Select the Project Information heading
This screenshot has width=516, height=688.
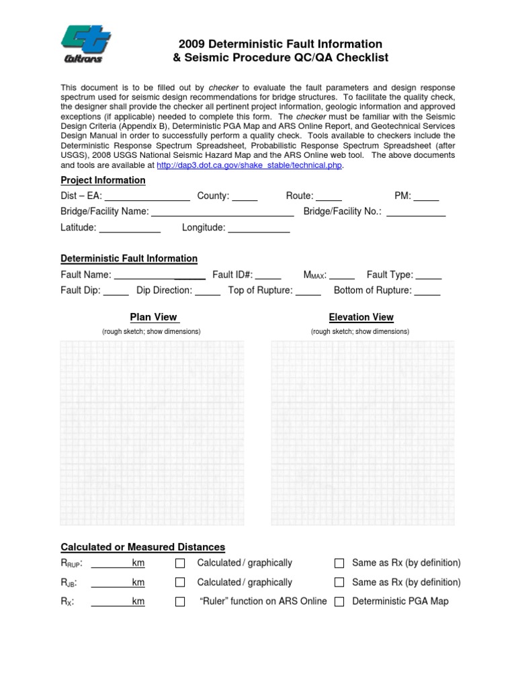[103, 180]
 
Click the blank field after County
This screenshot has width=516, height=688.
[245, 197]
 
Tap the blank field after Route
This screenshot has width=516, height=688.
[329, 197]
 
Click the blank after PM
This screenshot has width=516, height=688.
[426, 197]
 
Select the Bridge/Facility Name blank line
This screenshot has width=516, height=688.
[222, 212]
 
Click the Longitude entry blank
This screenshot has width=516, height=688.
[259, 228]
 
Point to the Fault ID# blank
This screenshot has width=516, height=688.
[268, 275]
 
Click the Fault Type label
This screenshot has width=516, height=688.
[390, 275]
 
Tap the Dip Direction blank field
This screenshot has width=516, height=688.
[208, 291]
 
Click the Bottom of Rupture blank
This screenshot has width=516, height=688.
[428, 291]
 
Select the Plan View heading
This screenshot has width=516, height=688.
[153, 317]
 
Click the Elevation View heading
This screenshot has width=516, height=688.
[361, 317]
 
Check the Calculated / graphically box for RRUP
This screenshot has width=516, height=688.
[180, 563]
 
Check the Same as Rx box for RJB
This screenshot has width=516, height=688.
[339, 583]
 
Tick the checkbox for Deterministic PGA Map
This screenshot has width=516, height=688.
[339, 602]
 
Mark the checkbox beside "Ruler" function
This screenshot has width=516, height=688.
[180, 602]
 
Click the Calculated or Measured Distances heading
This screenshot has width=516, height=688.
[142, 547]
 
